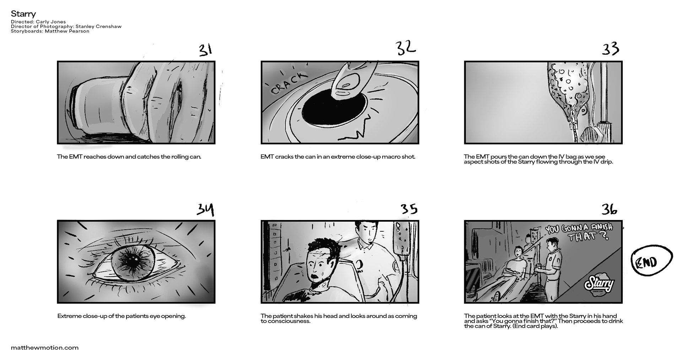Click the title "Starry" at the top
tap(23, 14)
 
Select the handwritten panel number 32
tap(405, 48)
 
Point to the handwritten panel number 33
tap(610, 49)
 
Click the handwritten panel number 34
tap(206, 210)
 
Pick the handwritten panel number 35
tap(409, 209)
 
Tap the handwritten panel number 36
tap(609, 209)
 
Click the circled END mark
tap(651, 262)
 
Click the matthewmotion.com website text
tap(45, 348)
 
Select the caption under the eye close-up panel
tap(121, 316)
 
